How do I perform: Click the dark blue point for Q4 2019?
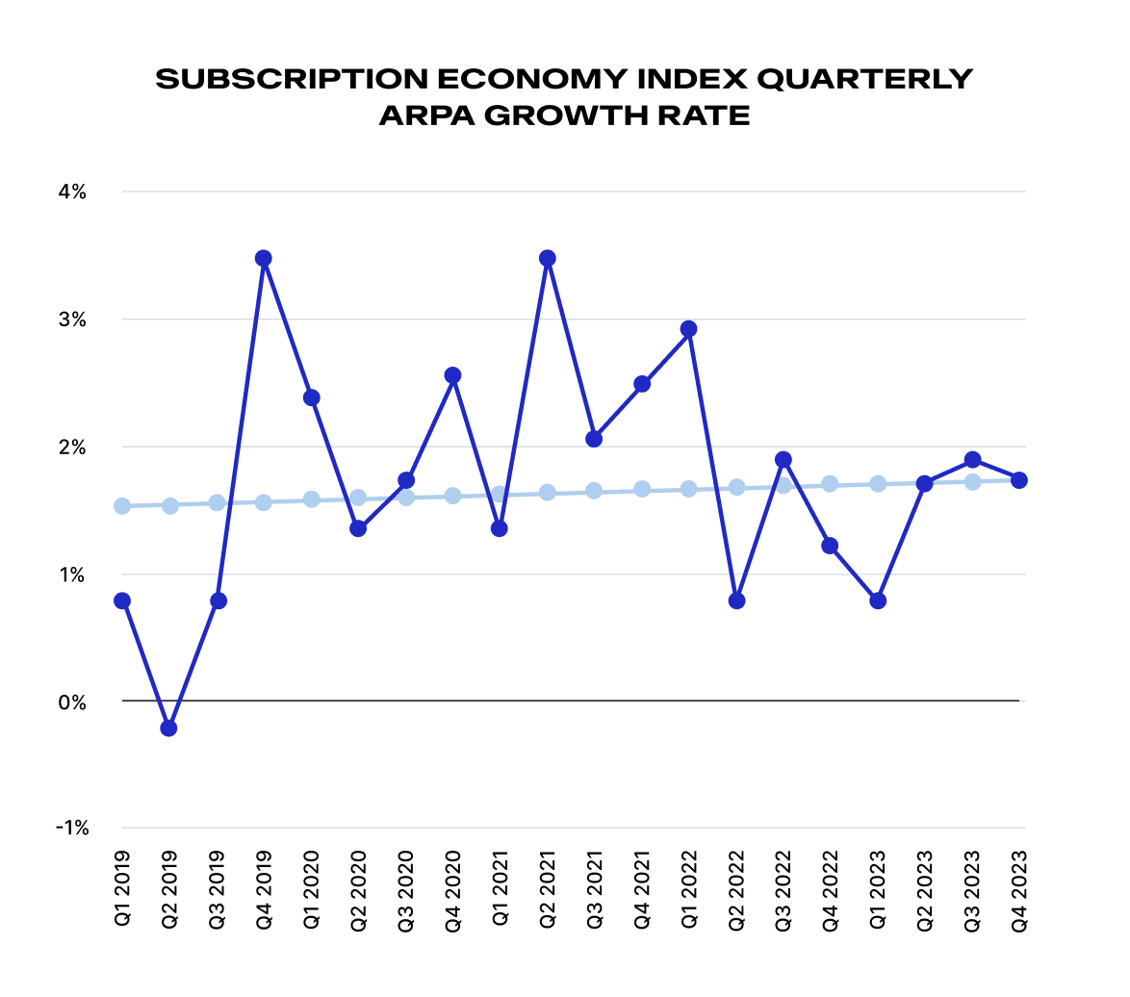point(264,258)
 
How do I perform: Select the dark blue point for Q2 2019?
point(169,729)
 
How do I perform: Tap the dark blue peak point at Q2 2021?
point(548,258)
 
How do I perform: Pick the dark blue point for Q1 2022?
point(688,329)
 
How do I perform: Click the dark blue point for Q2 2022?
point(737,601)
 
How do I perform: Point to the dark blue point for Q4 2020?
point(453,375)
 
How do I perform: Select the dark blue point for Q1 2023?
point(878,601)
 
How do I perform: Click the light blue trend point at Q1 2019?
point(122,506)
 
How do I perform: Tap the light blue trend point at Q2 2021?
point(548,493)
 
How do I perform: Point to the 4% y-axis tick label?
point(72,192)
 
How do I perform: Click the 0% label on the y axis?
point(72,703)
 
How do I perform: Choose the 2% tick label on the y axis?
point(72,447)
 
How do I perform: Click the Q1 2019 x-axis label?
point(122,890)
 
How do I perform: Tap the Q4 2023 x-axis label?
point(1019,890)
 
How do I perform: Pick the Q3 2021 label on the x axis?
point(594,890)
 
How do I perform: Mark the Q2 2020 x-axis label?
point(358,890)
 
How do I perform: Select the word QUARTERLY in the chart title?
point(863,79)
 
